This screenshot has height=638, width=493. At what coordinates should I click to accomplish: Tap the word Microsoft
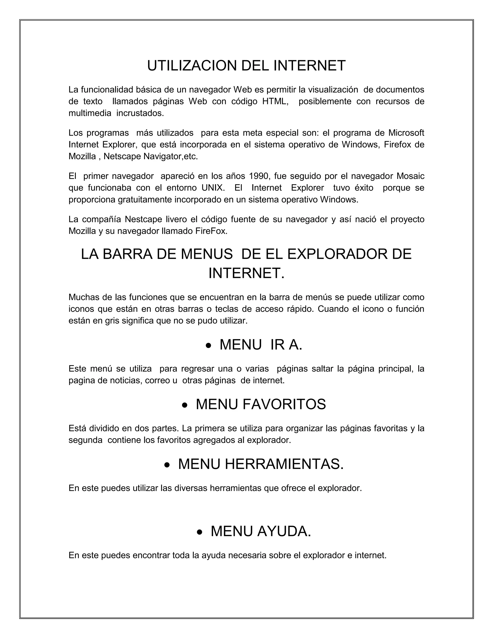[x=406, y=133]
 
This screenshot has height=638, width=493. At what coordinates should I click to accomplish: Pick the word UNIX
[x=213, y=188]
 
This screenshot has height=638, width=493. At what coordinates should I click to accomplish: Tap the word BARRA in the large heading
[x=127, y=254]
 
